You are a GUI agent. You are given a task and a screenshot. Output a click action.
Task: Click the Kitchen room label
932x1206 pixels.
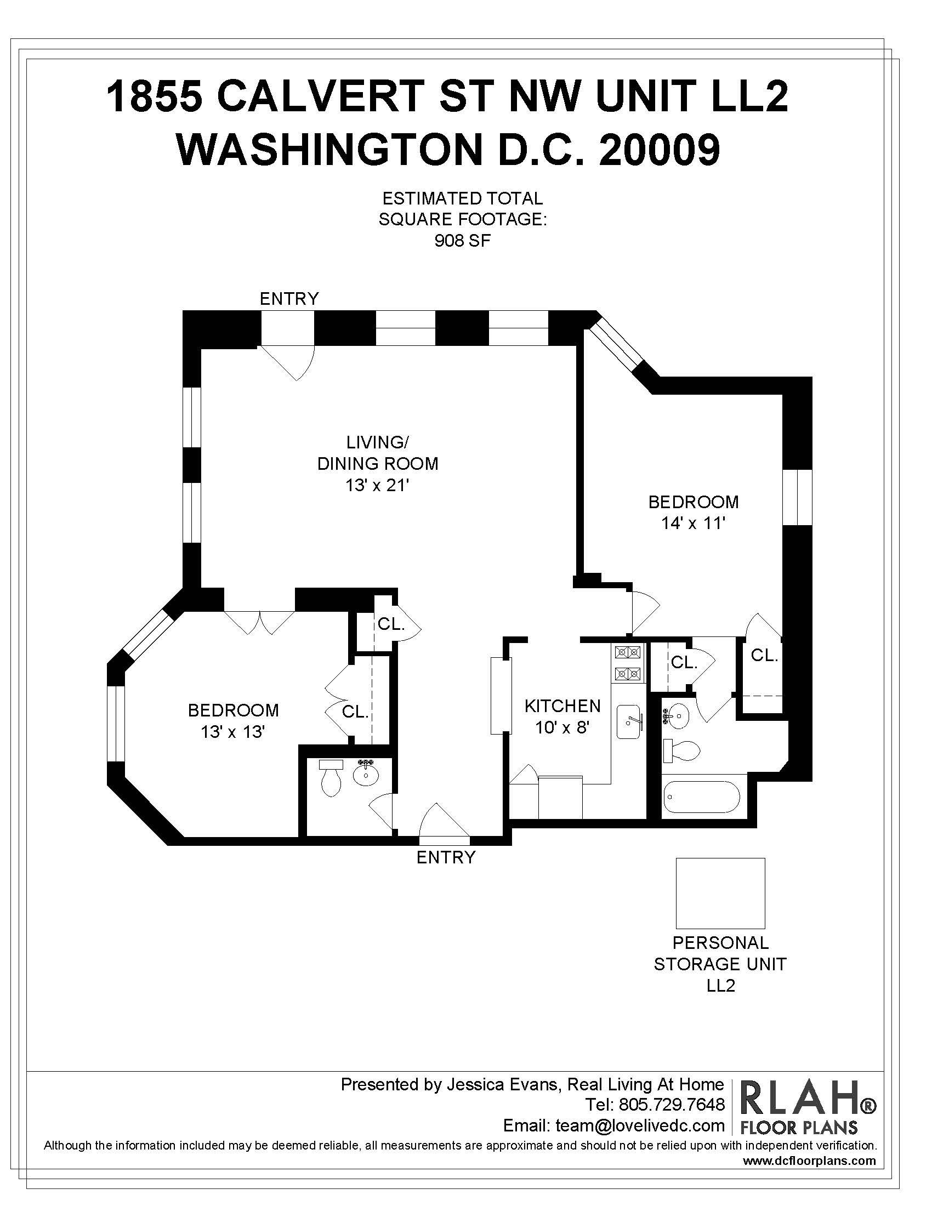[x=562, y=706]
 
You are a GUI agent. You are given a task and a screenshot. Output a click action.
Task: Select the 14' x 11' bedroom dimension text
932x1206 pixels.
[x=693, y=523]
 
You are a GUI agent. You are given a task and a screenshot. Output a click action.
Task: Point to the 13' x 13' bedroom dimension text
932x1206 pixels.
[x=233, y=732]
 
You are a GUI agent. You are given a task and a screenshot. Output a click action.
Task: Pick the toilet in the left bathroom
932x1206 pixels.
[x=331, y=778]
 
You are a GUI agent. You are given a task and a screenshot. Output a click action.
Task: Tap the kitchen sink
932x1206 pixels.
[x=628, y=722]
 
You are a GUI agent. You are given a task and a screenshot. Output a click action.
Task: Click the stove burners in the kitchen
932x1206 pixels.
[x=628, y=663]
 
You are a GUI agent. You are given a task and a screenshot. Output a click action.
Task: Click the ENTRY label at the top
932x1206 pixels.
[x=289, y=299]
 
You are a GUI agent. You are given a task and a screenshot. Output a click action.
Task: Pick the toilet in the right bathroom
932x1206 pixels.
[x=681, y=751]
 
